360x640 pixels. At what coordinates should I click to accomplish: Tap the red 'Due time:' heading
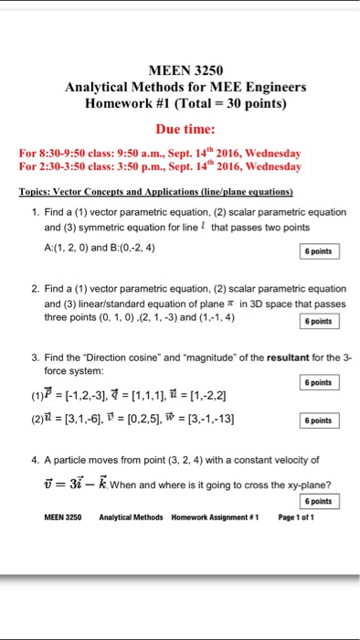click(x=185, y=128)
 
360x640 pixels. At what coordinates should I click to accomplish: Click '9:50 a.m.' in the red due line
click(x=163, y=154)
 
